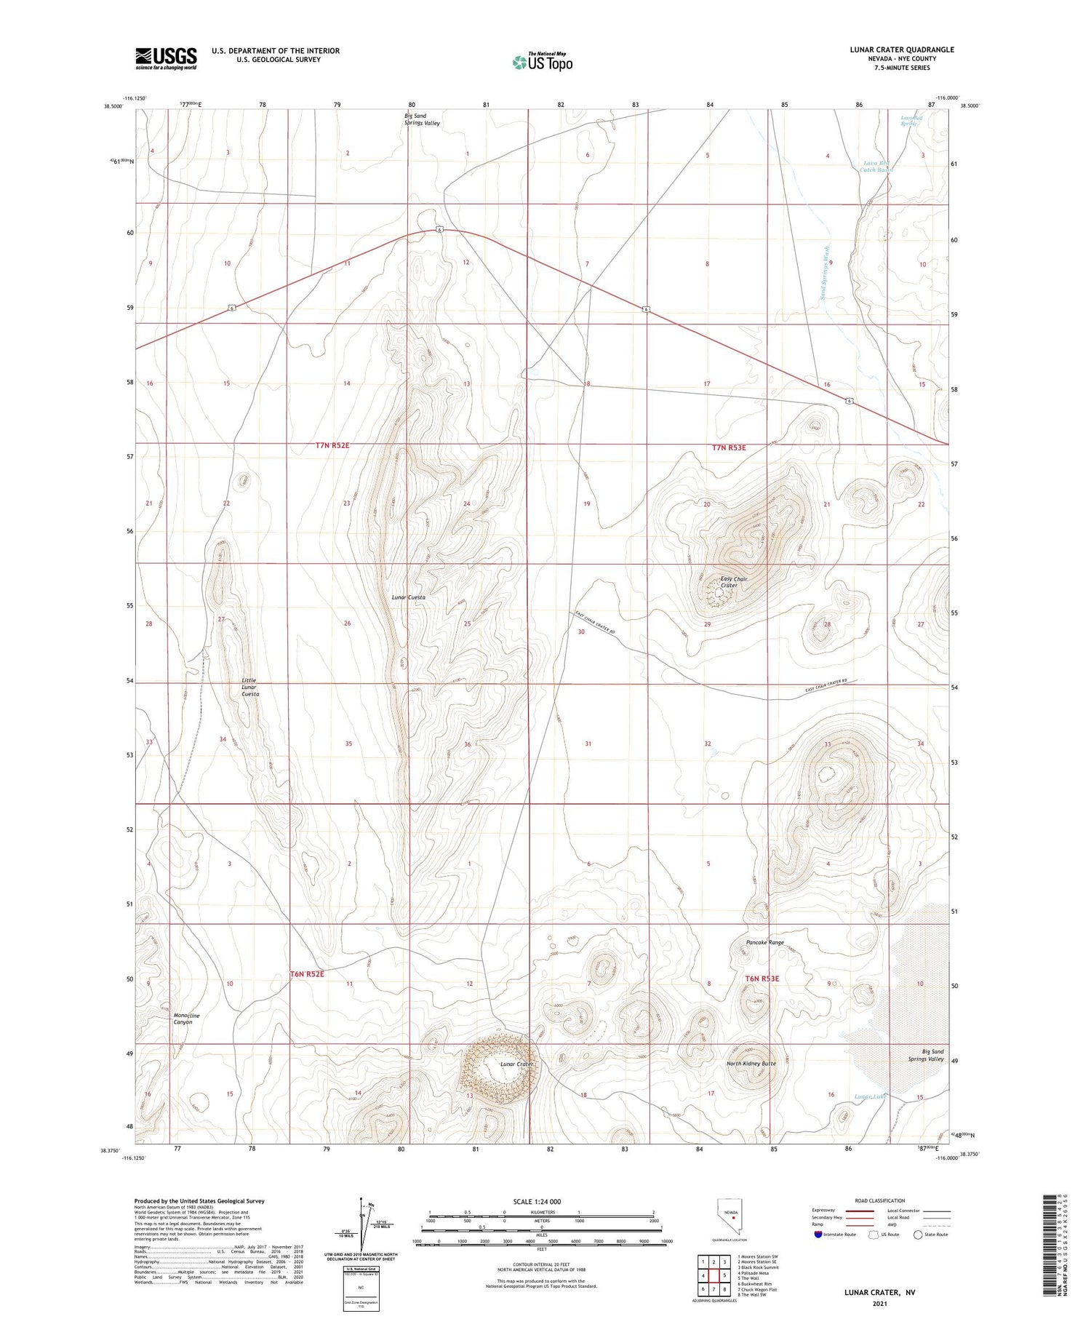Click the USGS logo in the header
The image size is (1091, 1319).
click(166, 58)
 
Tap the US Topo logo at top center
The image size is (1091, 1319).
click(543, 62)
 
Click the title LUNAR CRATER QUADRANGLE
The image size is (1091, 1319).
click(901, 49)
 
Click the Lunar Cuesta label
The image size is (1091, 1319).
click(408, 597)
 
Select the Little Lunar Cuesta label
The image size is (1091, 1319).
click(250, 688)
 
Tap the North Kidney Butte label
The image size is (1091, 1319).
click(751, 1064)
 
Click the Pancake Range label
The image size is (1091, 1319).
click(764, 942)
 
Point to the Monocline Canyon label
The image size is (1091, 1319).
click(186, 1019)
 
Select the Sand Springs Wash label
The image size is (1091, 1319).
click(825, 273)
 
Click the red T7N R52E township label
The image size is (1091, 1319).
click(327, 445)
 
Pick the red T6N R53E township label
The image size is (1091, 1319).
click(762, 979)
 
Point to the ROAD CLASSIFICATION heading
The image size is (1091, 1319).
click(879, 1200)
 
